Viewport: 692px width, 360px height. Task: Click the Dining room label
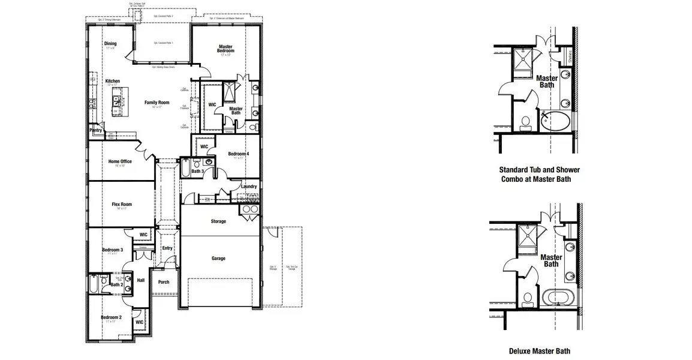coord(110,44)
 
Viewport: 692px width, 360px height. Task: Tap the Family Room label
coord(157,103)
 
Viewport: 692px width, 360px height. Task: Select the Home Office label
coord(120,161)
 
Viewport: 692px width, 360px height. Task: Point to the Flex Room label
coord(122,205)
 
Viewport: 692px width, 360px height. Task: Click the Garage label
coord(218,259)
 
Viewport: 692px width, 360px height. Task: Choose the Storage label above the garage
coord(218,221)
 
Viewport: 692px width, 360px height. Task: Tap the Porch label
coord(163,282)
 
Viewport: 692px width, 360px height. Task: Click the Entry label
coord(167,248)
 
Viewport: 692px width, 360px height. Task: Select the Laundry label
coord(249,187)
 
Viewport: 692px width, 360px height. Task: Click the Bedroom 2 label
coord(111,317)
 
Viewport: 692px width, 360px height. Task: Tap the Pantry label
coord(95,130)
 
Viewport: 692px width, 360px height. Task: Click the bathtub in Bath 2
coord(94,284)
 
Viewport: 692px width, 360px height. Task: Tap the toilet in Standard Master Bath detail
coord(526,123)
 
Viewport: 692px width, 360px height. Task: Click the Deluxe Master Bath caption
coord(539,351)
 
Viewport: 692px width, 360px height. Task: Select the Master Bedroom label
coord(225,49)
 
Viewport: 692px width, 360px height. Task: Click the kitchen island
coord(116,101)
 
